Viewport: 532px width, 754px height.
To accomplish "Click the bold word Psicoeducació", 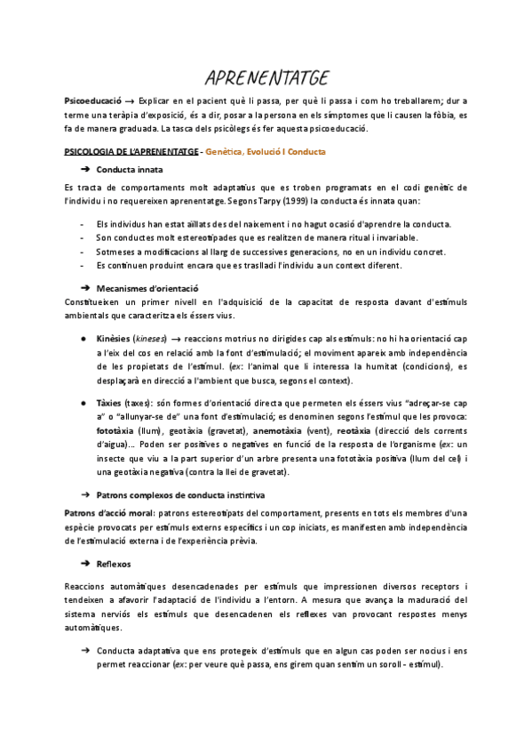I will (x=92, y=101).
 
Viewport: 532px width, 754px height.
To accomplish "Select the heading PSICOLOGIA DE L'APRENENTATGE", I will (x=131, y=152).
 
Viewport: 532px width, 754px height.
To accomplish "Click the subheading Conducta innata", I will (x=130, y=169).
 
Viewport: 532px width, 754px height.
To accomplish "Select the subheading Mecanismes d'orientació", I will (x=147, y=289).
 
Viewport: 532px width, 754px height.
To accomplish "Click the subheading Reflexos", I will (x=114, y=564).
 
